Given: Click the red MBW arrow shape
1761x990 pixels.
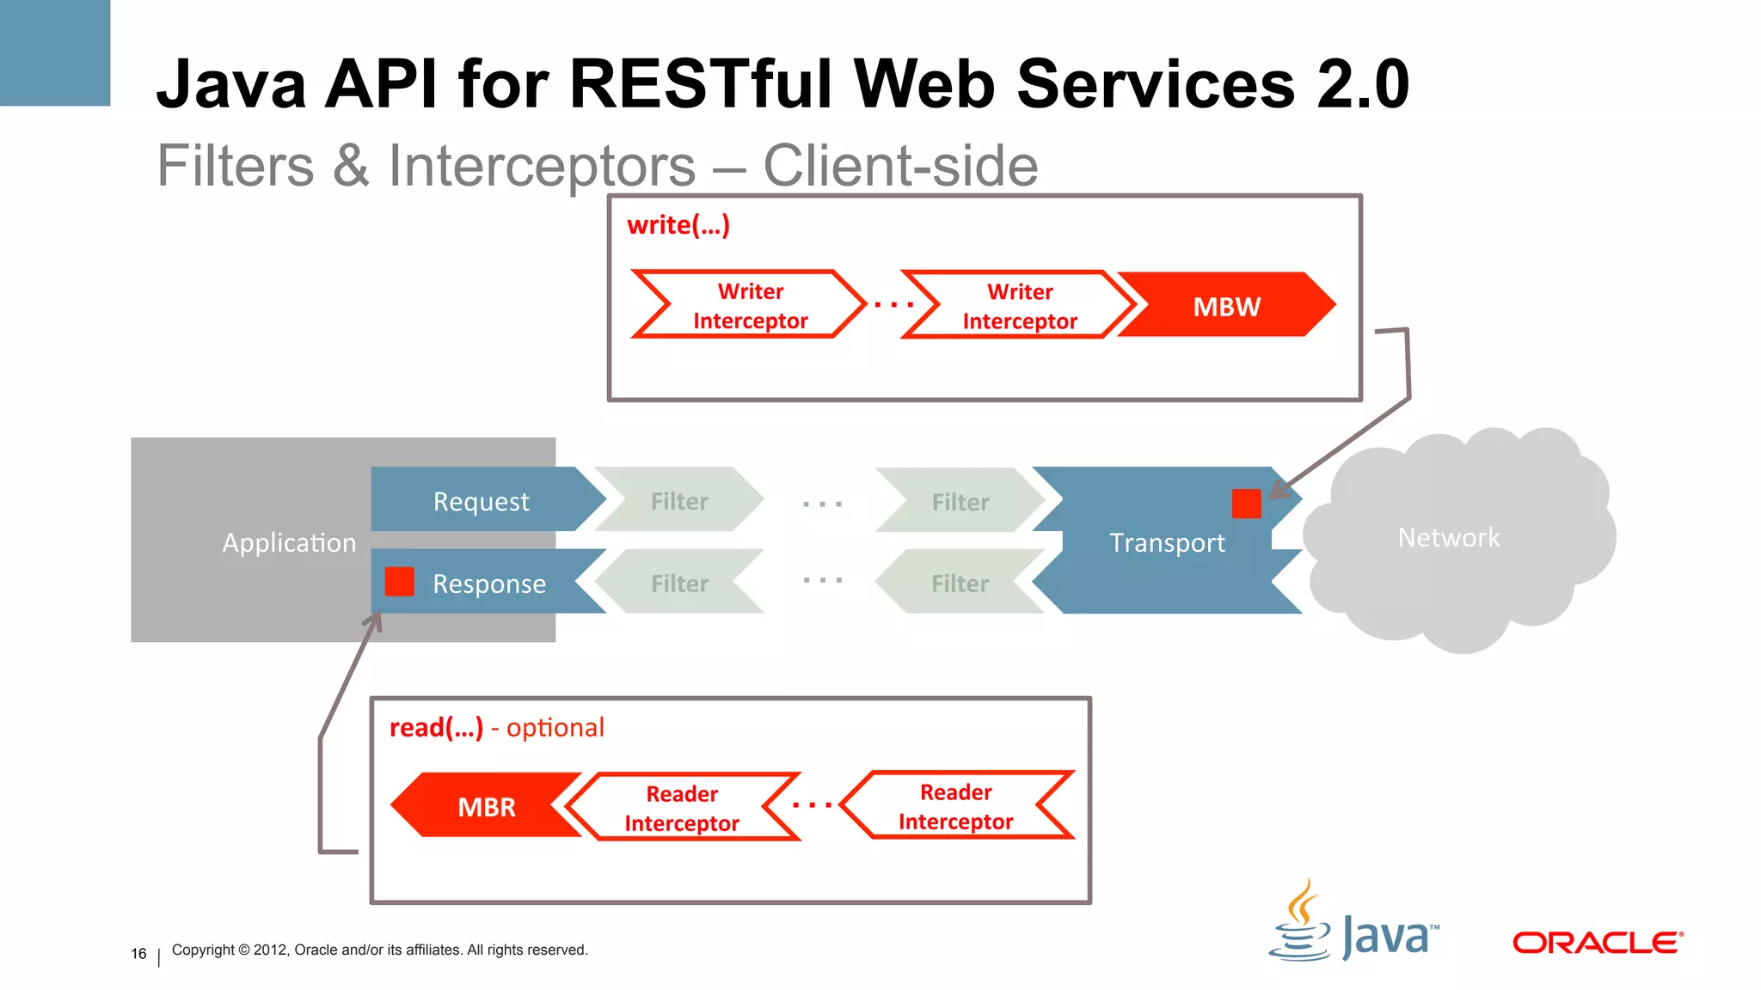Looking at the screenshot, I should point(1226,306).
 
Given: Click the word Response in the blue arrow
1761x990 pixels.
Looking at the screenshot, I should point(489,584).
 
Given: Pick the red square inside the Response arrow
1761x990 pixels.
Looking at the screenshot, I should point(400,582).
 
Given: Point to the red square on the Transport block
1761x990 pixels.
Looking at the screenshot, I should point(1246,504).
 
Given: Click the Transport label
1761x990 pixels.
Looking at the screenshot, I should point(1167,543).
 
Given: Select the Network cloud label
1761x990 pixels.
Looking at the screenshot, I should point(1448,538).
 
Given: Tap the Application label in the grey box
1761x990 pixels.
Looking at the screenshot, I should point(289,543).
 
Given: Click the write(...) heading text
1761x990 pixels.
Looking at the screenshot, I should point(678,225).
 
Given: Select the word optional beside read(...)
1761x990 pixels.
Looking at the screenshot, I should point(555,728).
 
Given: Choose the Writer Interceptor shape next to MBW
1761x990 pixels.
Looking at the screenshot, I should point(1020,306).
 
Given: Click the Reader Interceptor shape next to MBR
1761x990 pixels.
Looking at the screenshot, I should point(682,808).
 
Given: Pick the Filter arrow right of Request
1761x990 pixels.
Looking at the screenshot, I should point(679,501).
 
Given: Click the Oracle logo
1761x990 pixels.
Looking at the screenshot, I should point(1597,943).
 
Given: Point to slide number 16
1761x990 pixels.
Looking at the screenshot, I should point(138,954).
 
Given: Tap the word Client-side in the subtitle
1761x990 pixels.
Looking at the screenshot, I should point(900,166).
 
